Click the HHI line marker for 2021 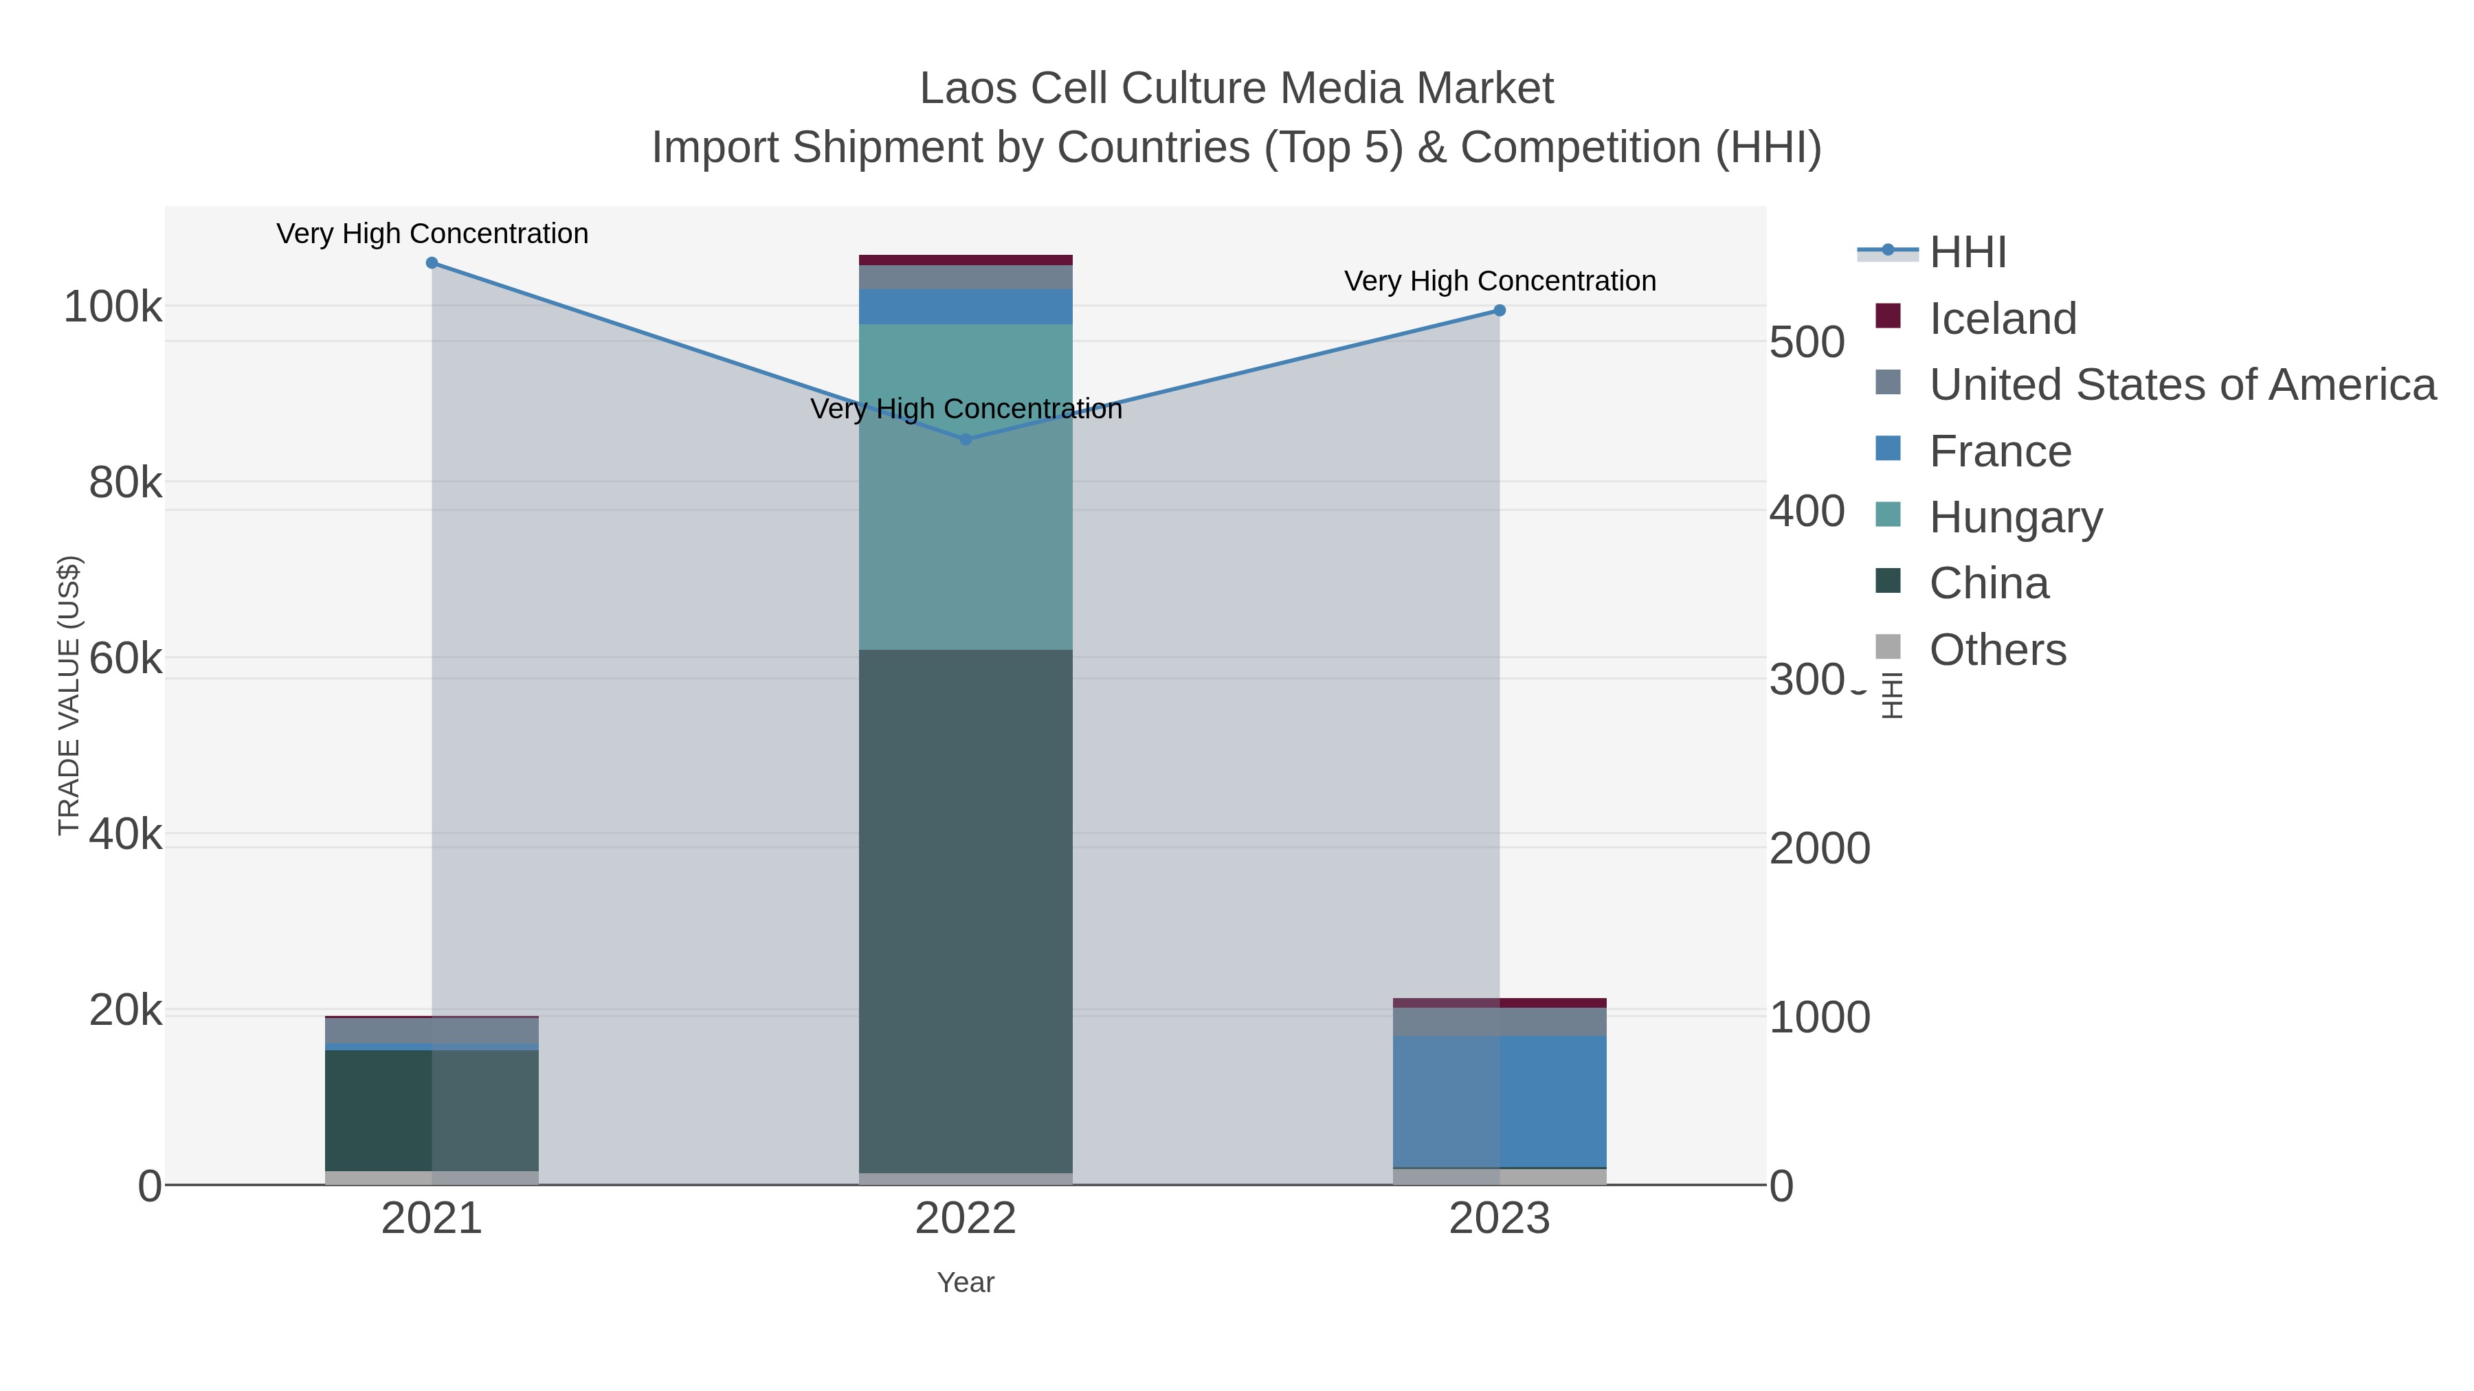click(432, 263)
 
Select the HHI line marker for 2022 click(966, 440)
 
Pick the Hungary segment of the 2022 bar click(966, 487)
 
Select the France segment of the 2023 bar click(1500, 1101)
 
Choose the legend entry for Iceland click(2003, 319)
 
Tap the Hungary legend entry click(2015, 517)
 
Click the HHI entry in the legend click(1967, 253)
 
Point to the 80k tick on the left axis click(125, 483)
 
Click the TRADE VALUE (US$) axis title click(69, 695)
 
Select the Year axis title click(966, 1282)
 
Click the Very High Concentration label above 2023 click(1500, 281)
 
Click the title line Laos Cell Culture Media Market click(1236, 89)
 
